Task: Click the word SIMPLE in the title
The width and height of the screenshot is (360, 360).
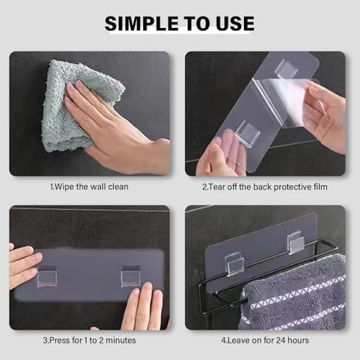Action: [x=141, y=23]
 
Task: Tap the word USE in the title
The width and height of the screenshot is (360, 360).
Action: [x=235, y=23]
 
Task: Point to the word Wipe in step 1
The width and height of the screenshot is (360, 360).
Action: [x=64, y=186]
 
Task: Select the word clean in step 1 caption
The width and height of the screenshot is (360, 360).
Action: [x=118, y=186]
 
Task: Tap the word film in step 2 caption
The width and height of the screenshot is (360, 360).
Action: [x=320, y=186]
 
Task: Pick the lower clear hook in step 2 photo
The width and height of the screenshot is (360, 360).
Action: [x=248, y=132]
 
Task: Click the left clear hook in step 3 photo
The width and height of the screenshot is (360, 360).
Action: [x=48, y=276]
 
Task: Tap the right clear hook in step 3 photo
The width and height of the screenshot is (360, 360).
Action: [x=130, y=276]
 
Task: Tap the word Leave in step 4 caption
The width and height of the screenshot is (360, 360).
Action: [x=238, y=341]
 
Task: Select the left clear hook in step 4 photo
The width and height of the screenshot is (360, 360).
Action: [x=235, y=264]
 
